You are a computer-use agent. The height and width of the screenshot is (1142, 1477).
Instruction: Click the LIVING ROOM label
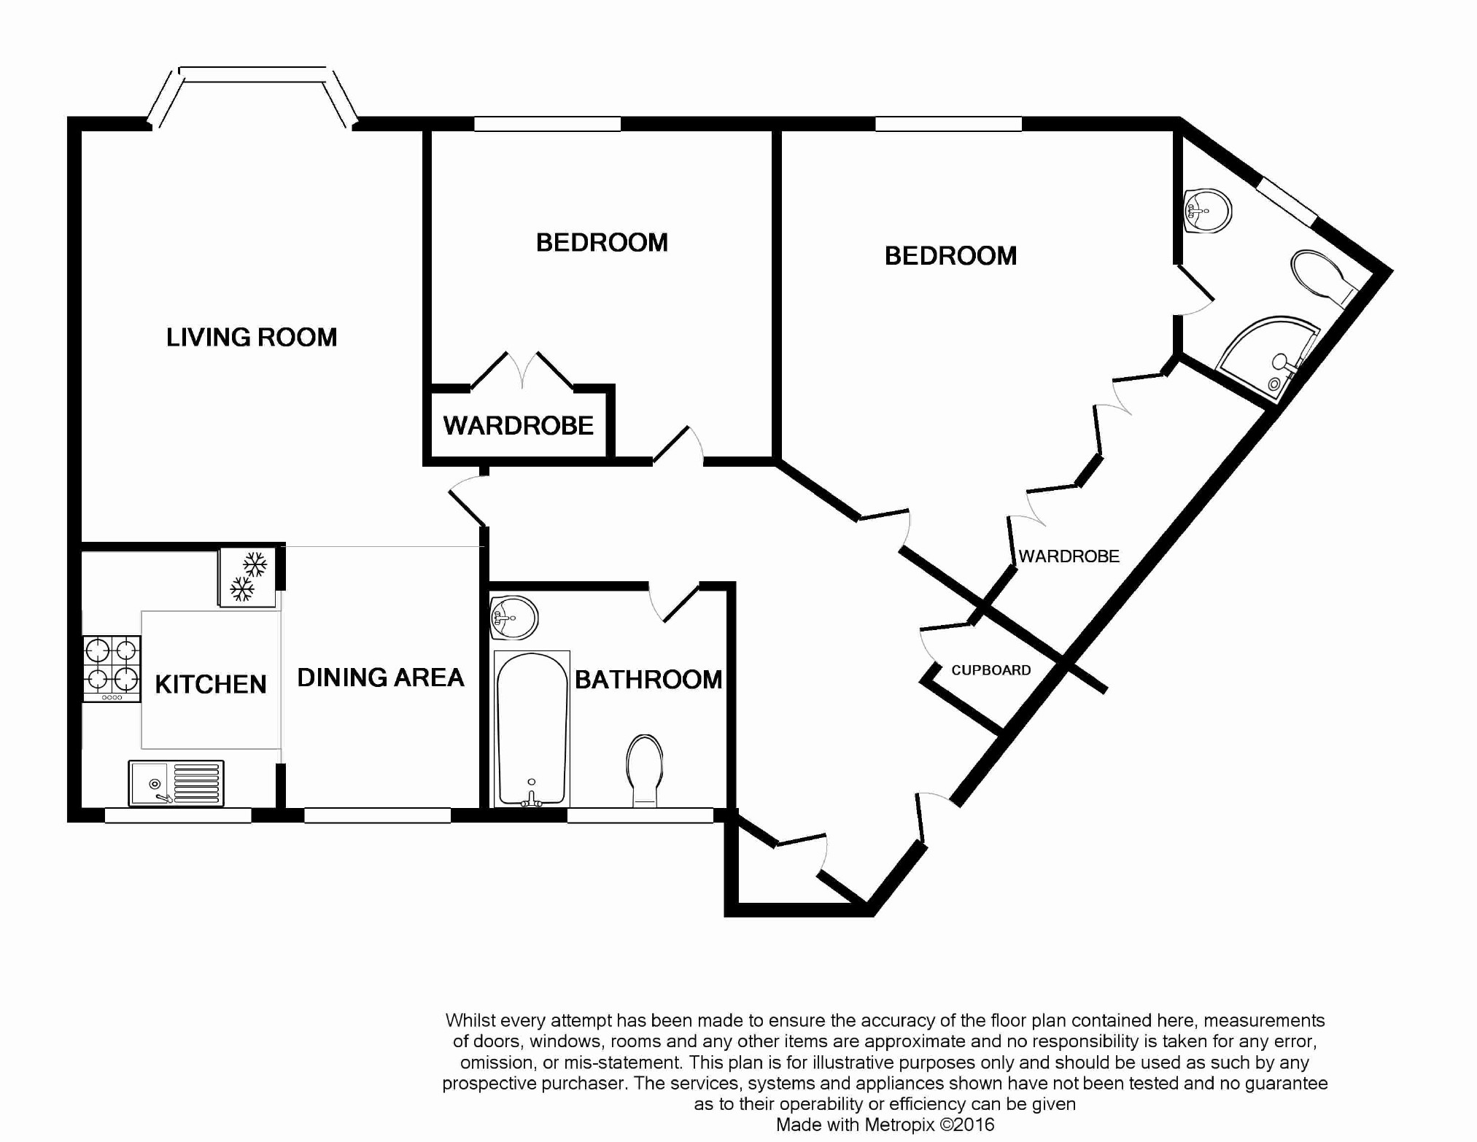pyautogui.click(x=252, y=337)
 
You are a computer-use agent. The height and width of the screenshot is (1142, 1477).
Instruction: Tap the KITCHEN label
pyautogui.click(x=211, y=684)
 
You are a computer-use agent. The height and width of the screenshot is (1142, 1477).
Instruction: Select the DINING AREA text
pyautogui.click(x=381, y=677)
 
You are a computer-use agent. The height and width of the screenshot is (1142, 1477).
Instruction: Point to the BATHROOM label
pyautogui.click(x=648, y=680)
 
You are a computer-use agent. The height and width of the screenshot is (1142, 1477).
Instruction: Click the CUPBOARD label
pyautogui.click(x=991, y=670)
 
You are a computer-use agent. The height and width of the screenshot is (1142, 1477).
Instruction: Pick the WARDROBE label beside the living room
pyautogui.click(x=519, y=425)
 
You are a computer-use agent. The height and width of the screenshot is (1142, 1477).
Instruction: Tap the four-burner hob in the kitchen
pyautogui.click(x=112, y=669)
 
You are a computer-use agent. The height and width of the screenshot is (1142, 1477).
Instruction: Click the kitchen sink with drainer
pyautogui.click(x=176, y=783)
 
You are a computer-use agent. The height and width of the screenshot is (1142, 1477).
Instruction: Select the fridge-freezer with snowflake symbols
pyautogui.click(x=247, y=577)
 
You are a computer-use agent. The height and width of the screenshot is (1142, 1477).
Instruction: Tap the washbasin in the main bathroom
pyautogui.click(x=513, y=618)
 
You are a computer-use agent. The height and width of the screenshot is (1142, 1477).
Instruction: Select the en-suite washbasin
pyautogui.click(x=1207, y=211)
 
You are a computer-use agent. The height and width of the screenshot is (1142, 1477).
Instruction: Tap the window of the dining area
pyautogui.click(x=377, y=815)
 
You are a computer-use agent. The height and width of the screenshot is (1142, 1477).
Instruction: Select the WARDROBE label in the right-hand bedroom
pyautogui.click(x=1069, y=556)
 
